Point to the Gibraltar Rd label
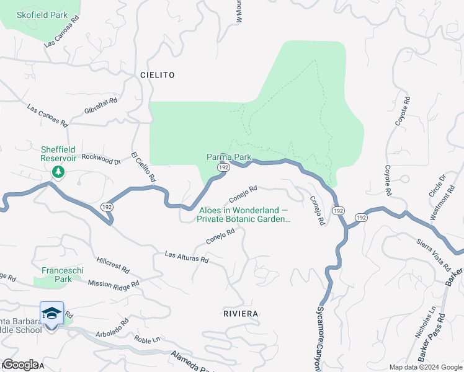click(101, 105)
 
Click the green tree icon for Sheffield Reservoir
click(58, 171)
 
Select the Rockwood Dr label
click(101, 159)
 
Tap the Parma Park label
click(229, 157)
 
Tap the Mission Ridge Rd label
click(114, 283)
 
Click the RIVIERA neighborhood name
click(240, 314)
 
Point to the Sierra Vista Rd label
click(433, 255)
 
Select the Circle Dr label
click(437, 187)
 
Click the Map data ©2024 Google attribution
click(426, 367)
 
